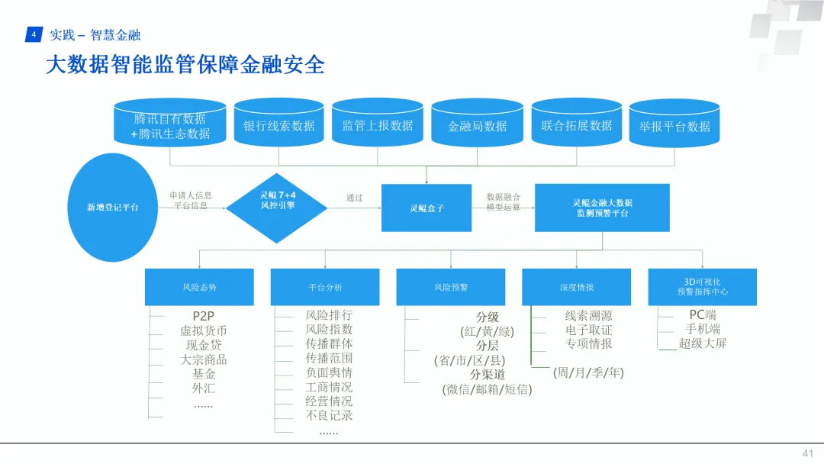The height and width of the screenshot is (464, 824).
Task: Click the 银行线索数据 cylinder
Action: pos(278,125)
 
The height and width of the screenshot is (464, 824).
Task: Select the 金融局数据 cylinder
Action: pos(477,126)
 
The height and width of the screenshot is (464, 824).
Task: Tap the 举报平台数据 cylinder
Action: pos(674,126)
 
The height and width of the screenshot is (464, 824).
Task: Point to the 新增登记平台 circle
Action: pos(113,207)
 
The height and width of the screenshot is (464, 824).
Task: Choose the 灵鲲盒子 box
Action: pos(426,208)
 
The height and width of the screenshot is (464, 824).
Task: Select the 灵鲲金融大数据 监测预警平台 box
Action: pos(602,208)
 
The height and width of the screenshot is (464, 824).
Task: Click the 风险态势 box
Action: pos(199,287)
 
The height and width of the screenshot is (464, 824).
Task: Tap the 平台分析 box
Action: pos(325,287)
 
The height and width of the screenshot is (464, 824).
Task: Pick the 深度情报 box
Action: pos(576,287)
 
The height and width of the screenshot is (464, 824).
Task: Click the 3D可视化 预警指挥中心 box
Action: pos(702,287)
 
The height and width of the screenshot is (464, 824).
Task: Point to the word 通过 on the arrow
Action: pos(354,198)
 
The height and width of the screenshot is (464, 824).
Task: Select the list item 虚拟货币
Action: pos(204,330)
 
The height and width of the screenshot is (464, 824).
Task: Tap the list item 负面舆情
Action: pos(329,372)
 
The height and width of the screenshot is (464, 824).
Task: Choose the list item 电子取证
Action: pos(588,330)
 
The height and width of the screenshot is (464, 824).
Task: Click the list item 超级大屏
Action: pos(692,343)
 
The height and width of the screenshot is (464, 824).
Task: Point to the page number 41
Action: pos(807,453)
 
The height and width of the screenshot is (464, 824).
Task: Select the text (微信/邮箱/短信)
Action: pos(487,388)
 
